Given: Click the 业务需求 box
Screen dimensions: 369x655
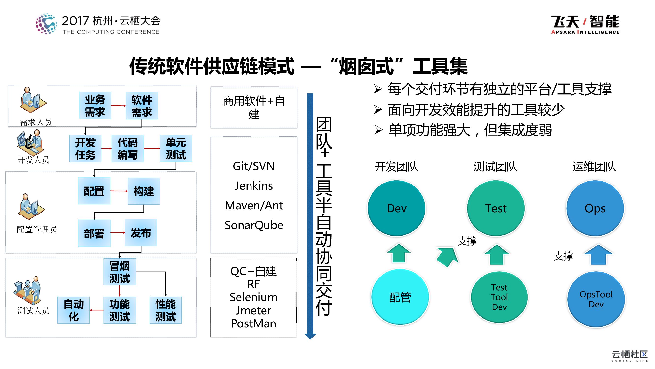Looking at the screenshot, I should tap(95, 106).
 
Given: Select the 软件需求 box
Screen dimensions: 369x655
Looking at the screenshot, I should tap(142, 106).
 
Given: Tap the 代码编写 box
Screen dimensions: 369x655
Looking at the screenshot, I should tap(128, 149).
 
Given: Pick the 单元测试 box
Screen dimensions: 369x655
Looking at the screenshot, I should tap(176, 149).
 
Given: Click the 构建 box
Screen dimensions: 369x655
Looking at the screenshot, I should tap(144, 191).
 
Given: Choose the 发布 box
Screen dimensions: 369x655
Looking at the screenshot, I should tap(141, 233).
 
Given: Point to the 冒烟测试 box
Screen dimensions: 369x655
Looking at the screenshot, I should tap(120, 272).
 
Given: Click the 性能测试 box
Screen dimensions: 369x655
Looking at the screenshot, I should tap(166, 310).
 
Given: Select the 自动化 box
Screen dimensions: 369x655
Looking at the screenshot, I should tap(73, 310).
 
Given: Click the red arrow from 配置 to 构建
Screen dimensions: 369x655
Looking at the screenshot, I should tap(119, 191).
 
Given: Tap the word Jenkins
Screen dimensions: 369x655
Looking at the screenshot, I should tap(254, 186).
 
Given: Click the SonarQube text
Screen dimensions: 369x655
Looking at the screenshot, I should tap(254, 225).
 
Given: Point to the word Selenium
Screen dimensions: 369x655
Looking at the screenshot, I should tap(253, 297).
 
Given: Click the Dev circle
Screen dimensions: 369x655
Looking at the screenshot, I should tap(396, 208).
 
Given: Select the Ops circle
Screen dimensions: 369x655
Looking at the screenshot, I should tap(595, 208).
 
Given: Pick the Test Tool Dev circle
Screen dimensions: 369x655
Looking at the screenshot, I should tap(499, 297).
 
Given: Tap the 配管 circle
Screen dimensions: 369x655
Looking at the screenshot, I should tap(400, 297).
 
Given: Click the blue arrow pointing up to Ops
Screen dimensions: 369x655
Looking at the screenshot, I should tap(598, 255).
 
